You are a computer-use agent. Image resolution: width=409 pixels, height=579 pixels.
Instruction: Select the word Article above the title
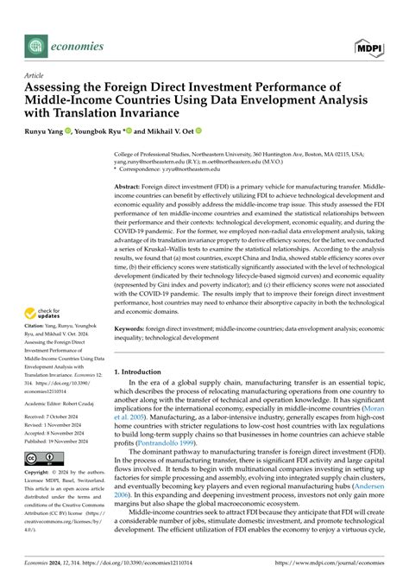click(35, 75)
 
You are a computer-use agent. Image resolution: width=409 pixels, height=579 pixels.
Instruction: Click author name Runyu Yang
click(47, 132)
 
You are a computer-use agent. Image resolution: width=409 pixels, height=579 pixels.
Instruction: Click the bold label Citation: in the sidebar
click(37, 334)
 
